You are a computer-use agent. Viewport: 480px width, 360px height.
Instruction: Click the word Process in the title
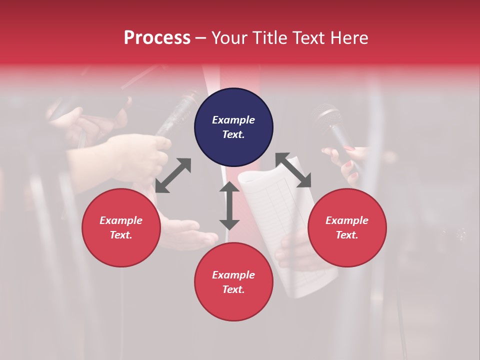point(157,38)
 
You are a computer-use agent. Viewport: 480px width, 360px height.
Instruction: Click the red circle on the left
point(121,227)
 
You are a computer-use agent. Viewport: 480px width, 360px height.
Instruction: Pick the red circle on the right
point(347,227)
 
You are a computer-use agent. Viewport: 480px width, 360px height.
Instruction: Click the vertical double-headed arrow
point(229,205)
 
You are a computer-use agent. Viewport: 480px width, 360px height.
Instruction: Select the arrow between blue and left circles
point(173,175)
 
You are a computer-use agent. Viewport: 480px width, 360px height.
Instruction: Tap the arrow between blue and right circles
point(293,170)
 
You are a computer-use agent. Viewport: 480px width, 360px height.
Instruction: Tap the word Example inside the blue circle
point(233,120)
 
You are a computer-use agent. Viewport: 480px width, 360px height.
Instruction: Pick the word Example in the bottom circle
point(233,275)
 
